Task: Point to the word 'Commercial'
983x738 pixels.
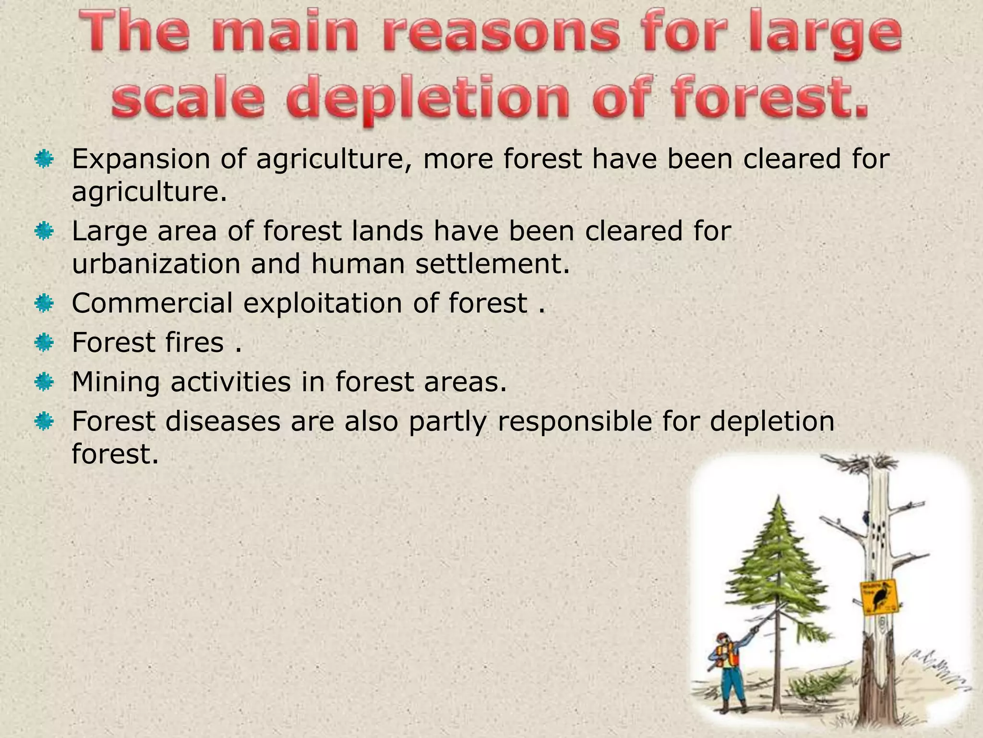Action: (152, 303)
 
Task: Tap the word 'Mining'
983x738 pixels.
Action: (116, 382)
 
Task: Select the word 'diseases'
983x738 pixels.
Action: (223, 421)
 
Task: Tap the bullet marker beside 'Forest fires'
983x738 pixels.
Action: (44, 343)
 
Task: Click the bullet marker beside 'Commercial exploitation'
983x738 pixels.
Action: (44, 304)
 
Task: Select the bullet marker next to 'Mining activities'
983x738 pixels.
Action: (44, 382)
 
